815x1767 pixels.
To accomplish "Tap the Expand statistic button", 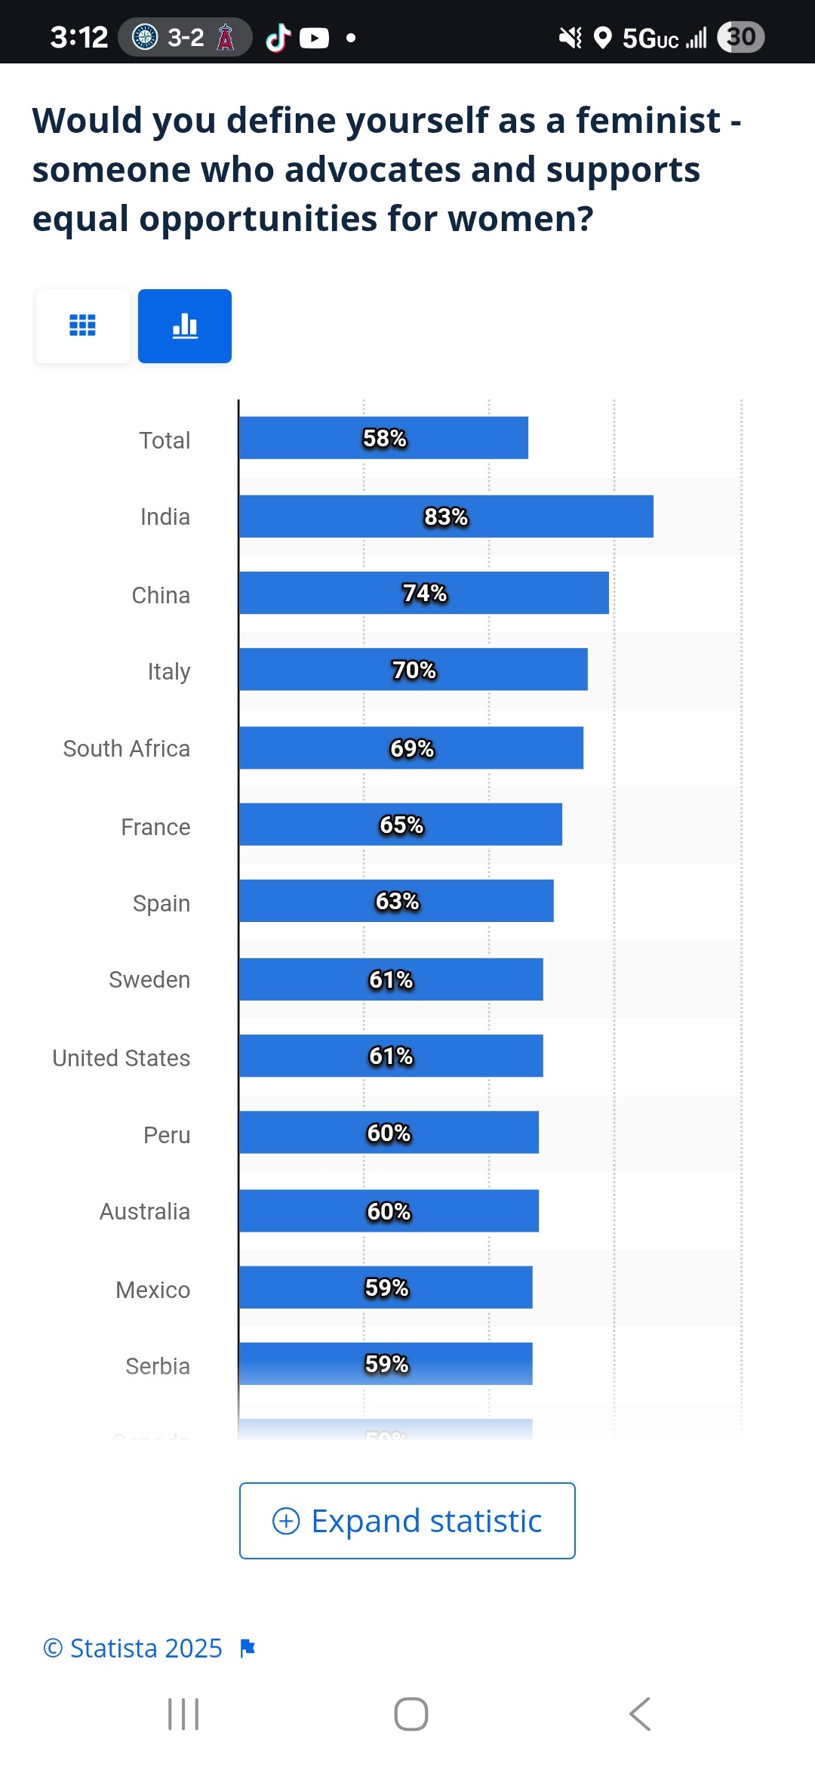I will tap(407, 1521).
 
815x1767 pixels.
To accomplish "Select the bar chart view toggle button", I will tap(185, 326).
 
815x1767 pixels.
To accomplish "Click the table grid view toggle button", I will tap(83, 326).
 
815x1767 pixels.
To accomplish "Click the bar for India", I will tap(446, 517).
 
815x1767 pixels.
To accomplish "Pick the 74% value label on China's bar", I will tap(425, 594).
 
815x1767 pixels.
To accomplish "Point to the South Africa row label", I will tap(127, 748).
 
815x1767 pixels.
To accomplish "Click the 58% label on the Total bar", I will tap(385, 438).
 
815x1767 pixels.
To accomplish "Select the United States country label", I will tap(121, 1058).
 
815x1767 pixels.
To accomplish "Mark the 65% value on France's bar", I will tap(401, 825).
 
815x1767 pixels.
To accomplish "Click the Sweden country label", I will tap(149, 979).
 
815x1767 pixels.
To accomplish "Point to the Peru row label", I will tap(167, 1135).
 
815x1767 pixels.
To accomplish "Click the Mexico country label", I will tap(153, 1290).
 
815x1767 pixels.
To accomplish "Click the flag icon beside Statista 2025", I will tap(248, 1648).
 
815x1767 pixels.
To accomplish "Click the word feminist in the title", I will tap(648, 121).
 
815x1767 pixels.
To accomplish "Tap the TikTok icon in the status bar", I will tap(278, 37).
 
